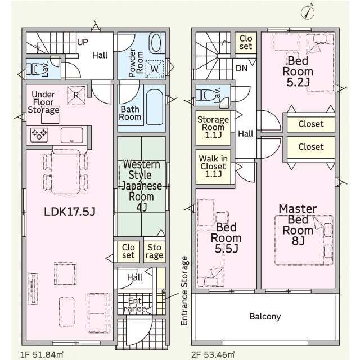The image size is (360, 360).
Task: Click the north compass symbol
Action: (308, 11)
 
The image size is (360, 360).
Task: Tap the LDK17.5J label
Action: (70, 211)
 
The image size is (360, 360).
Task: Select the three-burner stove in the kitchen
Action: (39, 134)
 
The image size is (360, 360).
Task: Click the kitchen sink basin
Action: (72, 136)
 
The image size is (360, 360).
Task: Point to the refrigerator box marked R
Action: (76, 95)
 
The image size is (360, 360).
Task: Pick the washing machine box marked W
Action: (155, 69)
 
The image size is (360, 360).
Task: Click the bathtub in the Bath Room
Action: (155, 107)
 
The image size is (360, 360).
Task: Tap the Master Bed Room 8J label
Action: (298, 225)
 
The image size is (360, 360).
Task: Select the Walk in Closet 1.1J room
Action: (213, 166)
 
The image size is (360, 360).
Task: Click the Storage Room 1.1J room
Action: (213, 128)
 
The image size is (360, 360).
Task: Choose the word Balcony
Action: (265, 317)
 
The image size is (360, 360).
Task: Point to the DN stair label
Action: (241, 68)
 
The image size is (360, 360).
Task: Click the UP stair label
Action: (83, 42)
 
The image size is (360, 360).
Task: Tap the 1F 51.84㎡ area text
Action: (42, 354)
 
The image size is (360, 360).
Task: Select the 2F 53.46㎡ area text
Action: (213, 354)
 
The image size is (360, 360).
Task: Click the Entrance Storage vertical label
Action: (184, 291)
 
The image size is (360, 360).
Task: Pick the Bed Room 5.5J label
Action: (226, 238)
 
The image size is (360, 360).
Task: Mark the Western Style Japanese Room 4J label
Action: (141, 186)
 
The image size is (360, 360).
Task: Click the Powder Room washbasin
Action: (155, 43)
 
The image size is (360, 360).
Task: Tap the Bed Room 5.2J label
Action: (298, 71)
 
